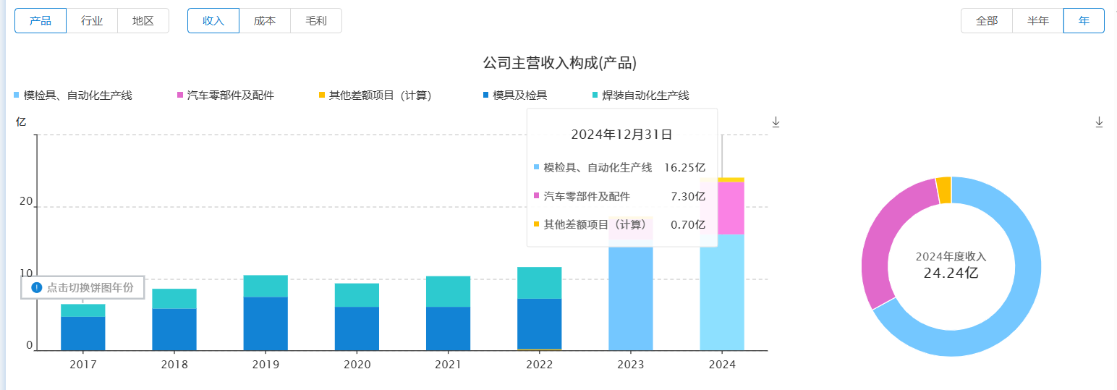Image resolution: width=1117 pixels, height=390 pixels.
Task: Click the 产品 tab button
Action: point(41,21)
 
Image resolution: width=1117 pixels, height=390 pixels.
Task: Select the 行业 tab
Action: point(92,21)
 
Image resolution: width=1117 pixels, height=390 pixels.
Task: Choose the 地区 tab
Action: point(143,21)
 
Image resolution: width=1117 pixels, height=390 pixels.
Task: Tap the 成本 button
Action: point(265,21)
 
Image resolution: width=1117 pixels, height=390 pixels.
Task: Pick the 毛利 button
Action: point(316,21)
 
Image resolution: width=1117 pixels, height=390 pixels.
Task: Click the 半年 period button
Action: point(1038,21)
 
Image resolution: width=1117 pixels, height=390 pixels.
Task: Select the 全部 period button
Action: point(987,21)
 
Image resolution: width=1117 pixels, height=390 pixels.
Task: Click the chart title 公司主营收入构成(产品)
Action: point(559,63)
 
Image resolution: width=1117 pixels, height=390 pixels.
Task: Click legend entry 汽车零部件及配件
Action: point(230,96)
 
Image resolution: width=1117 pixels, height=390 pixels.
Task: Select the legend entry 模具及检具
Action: point(519,96)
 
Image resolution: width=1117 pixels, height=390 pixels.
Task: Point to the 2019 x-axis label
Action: point(266,365)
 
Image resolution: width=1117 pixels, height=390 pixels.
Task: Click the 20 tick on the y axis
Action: point(26,202)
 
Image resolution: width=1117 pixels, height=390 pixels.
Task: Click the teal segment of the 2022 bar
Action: point(540,282)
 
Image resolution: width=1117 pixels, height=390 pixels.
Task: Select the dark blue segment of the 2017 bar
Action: point(82,333)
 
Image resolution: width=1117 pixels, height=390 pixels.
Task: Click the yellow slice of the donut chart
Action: point(943,190)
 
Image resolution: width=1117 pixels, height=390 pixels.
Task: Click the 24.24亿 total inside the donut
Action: point(951,273)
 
